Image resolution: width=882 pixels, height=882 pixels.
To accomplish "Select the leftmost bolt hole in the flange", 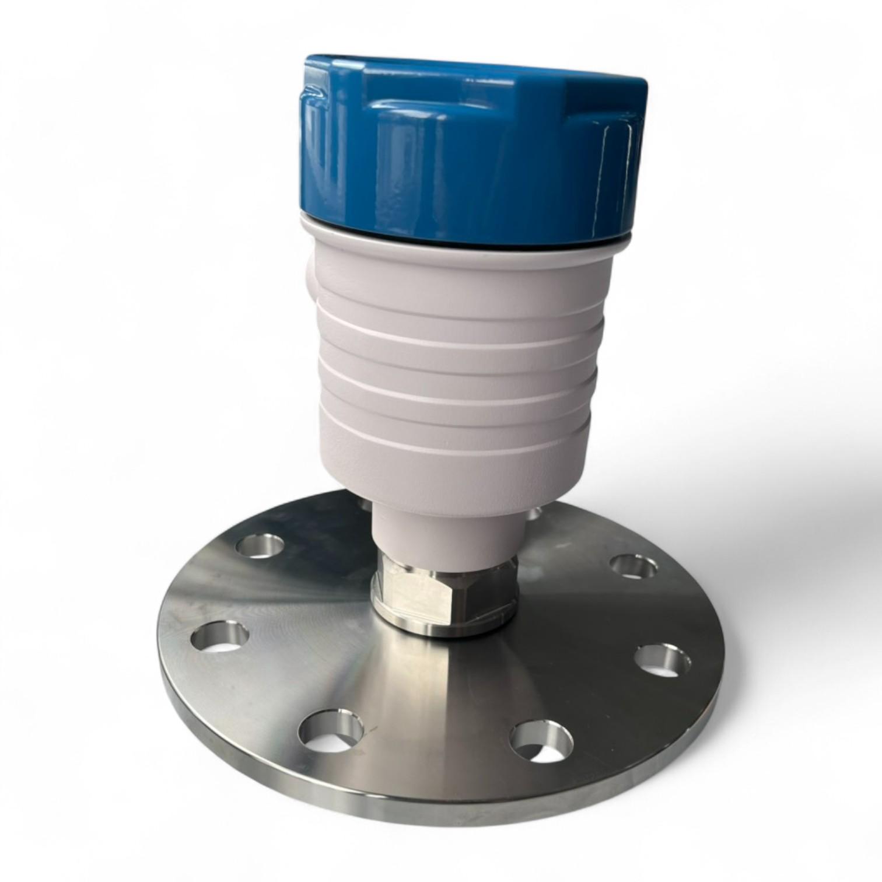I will click(x=219, y=637).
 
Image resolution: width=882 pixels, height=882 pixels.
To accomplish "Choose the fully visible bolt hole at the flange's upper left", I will click(x=260, y=546).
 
